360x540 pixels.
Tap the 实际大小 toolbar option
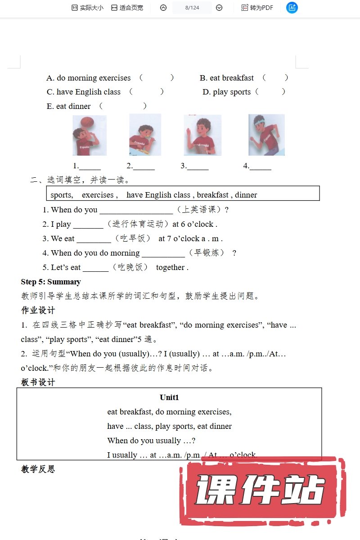tap(87, 8)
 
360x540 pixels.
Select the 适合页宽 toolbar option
tap(127, 8)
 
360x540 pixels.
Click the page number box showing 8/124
tap(192, 8)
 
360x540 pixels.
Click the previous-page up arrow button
tap(163, 8)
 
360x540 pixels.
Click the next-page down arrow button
tap(219, 8)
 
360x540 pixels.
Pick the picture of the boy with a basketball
tap(90, 135)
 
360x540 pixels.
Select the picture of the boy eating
tap(145, 135)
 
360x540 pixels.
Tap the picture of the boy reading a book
tap(202, 135)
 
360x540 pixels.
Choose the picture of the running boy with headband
tap(266, 135)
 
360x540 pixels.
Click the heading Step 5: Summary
tap(51, 282)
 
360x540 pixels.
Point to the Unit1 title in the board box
tap(169, 397)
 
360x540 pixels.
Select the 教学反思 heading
tap(38, 469)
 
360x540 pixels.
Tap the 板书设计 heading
tap(38, 382)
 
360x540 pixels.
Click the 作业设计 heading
tap(38, 310)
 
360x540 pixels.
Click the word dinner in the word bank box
tap(246, 195)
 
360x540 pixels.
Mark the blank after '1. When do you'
tap(136, 210)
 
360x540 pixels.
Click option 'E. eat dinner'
tap(68, 106)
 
